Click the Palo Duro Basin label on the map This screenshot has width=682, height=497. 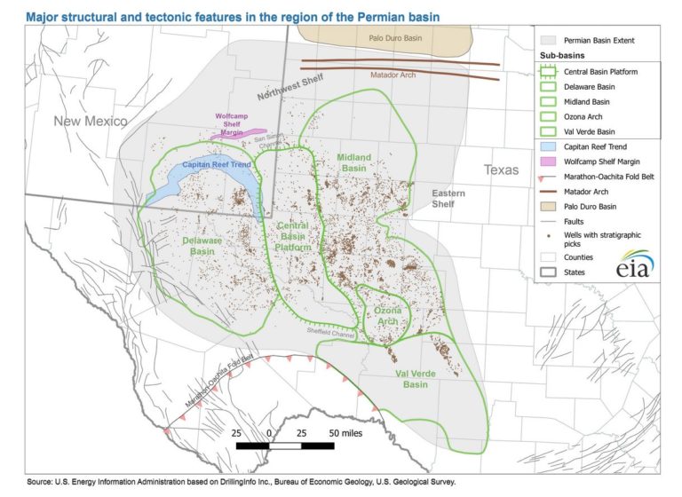[396, 38]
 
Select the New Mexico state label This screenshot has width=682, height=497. [90, 121]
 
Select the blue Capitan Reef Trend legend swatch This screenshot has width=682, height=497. [548, 145]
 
